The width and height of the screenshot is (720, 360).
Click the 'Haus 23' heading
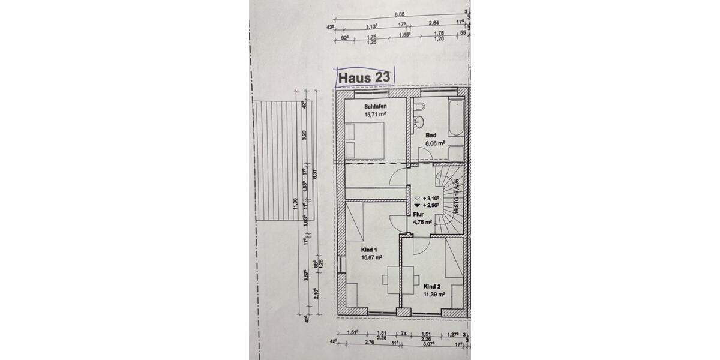(x=364, y=78)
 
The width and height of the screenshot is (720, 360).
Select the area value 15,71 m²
(x=375, y=113)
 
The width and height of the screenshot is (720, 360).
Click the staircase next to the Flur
(x=448, y=201)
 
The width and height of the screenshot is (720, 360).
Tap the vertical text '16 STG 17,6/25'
(x=457, y=196)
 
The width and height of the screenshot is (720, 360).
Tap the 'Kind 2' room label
(x=433, y=286)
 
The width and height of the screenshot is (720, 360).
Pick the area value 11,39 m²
(x=433, y=295)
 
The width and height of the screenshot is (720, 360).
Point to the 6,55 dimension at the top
(x=399, y=14)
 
